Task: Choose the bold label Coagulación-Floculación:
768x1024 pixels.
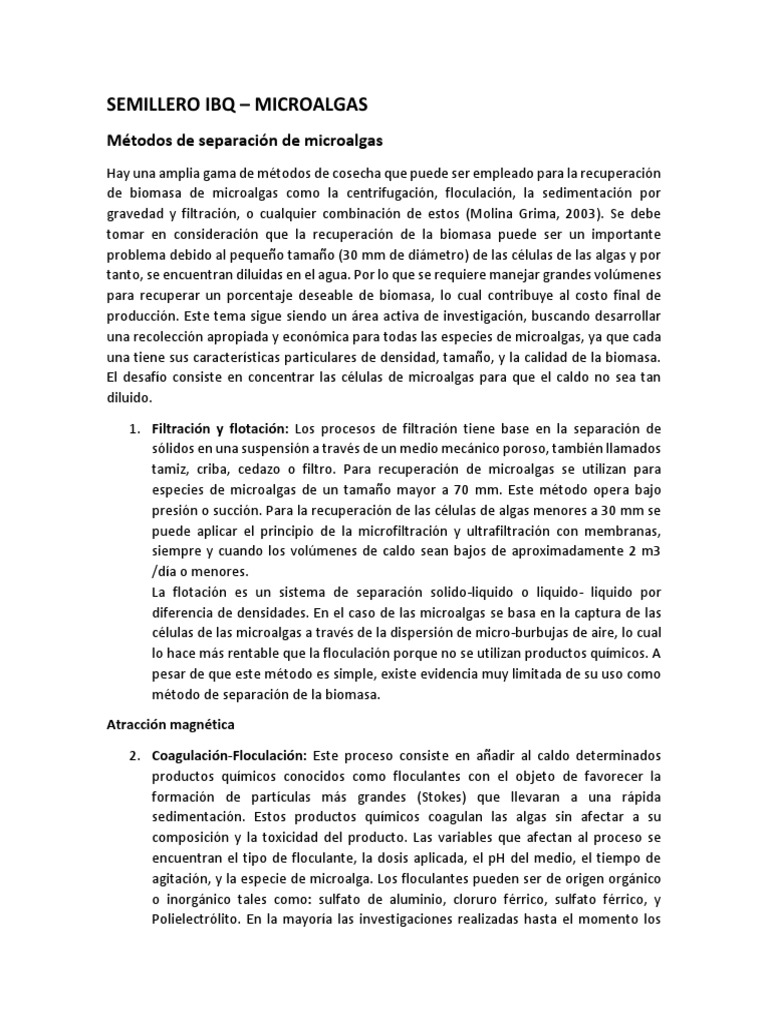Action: click(x=231, y=755)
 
